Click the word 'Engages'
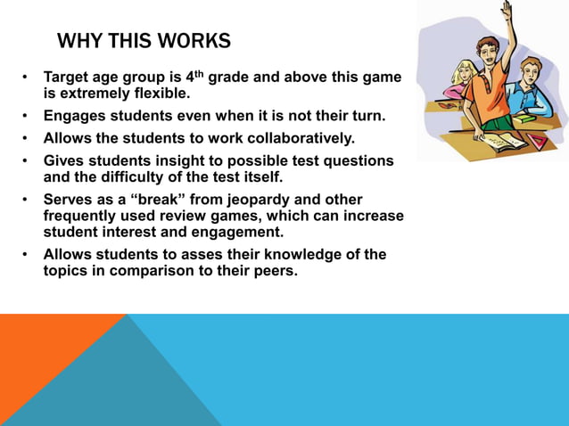pos(75,116)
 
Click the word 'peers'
pos(273,270)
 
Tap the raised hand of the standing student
pos(507,12)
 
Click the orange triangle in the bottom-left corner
pos(45,356)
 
